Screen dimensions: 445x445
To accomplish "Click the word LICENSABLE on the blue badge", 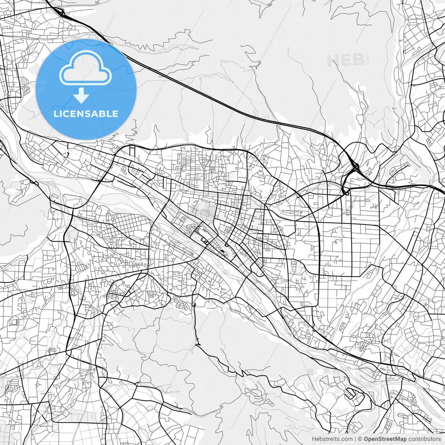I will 86,114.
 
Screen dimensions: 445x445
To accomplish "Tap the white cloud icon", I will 86,67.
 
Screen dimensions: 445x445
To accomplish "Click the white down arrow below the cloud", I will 81,95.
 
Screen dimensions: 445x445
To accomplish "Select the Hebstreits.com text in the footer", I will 332,439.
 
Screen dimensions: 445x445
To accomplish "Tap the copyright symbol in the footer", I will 361,439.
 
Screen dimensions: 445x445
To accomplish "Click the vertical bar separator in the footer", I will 355,439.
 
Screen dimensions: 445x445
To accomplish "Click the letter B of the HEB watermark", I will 358,60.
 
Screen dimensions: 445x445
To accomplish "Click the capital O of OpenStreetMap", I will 366,439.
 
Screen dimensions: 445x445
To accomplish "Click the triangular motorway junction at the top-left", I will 61,13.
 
